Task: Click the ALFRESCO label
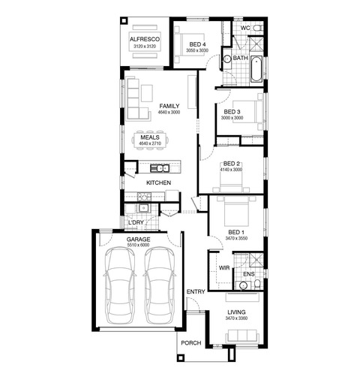pyautogui.click(x=145, y=39)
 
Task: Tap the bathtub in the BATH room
pyautogui.click(x=256, y=69)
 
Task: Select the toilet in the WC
pyautogui.click(x=257, y=28)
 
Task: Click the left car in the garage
pyautogui.click(x=119, y=285)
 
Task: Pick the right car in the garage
pyautogui.click(x=159, y=285)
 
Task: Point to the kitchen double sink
pyautogui.click(x=160, y=168)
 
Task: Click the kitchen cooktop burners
pyautogui.click(x=144, y=197)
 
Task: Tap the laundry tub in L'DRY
pyautogui.click(x=144, y=208)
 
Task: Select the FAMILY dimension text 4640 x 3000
pyautogui.click(x=169, y=113)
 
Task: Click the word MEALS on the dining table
pyautogui.click(x=150, y=137)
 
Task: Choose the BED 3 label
pyautogui.click(x=232, y=112)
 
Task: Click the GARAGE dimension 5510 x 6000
pyautogui.click(x=138, y=245)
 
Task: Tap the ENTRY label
pyautogui.click(x=196, y=291)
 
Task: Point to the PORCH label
pyautogui.click(x=191, y=343)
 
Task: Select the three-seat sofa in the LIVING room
pyautogui.click(x=241, y=336)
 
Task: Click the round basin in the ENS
pyautogui.click(x=243, y=285)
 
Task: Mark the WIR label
pyautogui.click(x=224, y=268)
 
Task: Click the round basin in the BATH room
pyautogui.click(x=227, y=59)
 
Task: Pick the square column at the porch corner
pyautogui.click(x=181, y=357)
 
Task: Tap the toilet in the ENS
pyautogui.click(x=257, y=284)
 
